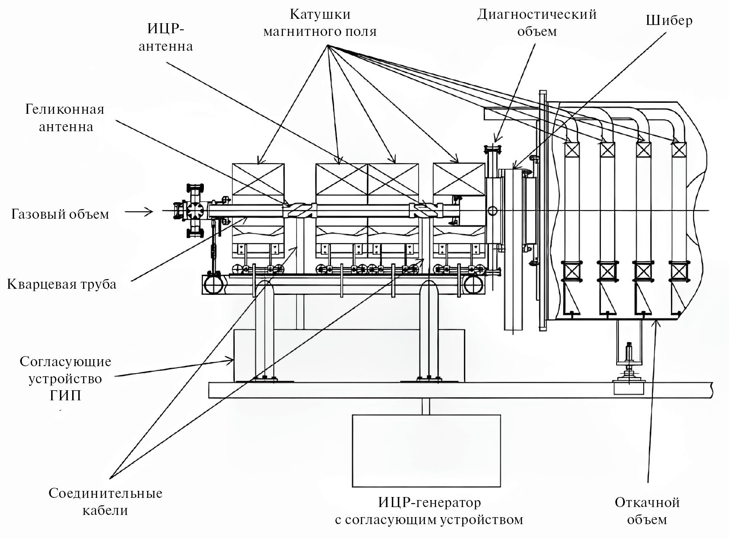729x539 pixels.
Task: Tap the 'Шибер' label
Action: point(669,21)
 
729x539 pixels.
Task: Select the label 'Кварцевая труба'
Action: point(62,284)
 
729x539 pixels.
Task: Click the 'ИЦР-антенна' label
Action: point(165,37)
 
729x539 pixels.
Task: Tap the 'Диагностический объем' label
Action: point(537,23)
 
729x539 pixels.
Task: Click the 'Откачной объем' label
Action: point(647,510)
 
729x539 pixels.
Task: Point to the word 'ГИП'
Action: point(66,395)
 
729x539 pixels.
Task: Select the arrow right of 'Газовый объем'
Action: point(139,212)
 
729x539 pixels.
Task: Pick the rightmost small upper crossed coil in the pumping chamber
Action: point(679,150)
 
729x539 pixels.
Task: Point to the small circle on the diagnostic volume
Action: point(493,211)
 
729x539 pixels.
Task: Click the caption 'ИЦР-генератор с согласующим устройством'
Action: point(429,511)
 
